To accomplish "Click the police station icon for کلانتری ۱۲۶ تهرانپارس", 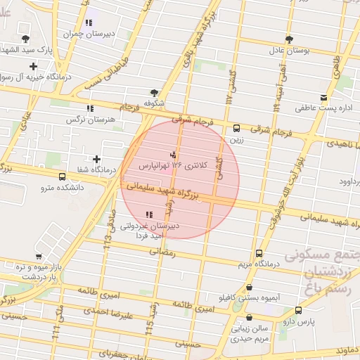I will click(173, 153).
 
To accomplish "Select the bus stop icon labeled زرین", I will click(236, 129).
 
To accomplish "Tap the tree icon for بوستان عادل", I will click(289, 39).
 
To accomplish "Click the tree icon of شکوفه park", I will click(154, 92).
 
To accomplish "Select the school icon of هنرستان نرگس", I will click(89, 108).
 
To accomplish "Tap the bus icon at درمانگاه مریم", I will click(259, 253).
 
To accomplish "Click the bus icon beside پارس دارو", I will click(298, 310).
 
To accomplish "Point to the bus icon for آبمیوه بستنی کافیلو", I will click(250, 287).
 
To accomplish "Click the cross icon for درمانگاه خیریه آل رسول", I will click(33, 66).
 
